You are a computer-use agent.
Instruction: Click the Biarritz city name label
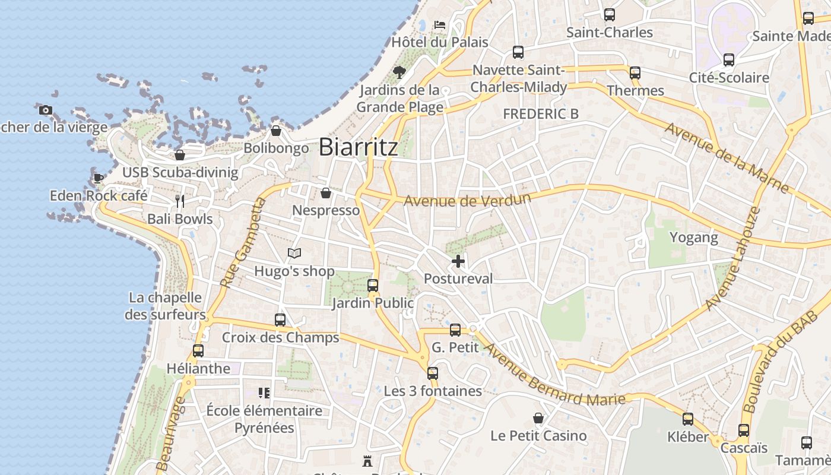(x=358, y=147)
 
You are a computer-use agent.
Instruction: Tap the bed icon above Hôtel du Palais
(x=439, y=24)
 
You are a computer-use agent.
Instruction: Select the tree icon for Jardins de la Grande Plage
(x=399, y=72)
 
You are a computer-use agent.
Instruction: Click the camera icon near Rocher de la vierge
(x=46, y=110)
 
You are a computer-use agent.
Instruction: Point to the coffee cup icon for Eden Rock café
(x=99, y=178)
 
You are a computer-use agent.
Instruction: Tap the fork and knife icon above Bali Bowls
(x=180, y=201)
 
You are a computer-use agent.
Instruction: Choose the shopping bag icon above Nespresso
(x=325, y=193)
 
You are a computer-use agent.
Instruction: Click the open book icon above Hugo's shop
(x=294, y=254)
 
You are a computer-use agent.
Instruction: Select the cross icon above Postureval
(x=458, y=261)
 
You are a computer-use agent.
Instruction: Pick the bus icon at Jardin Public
(x=373, y=286)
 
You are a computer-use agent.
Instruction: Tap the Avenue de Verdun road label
(x=467, y=199)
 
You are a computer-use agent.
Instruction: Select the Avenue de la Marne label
(x=727, y=157)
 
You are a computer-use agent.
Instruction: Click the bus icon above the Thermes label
(x=635, y=73)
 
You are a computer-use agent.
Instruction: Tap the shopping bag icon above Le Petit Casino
(x=538, y=418)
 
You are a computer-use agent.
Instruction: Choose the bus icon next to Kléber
(x=688, y=419)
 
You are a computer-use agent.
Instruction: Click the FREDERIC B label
(x=540, y=114)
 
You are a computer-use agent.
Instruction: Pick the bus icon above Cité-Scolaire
(x=729, y=60)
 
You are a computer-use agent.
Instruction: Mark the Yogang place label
(x=693, y=238)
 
